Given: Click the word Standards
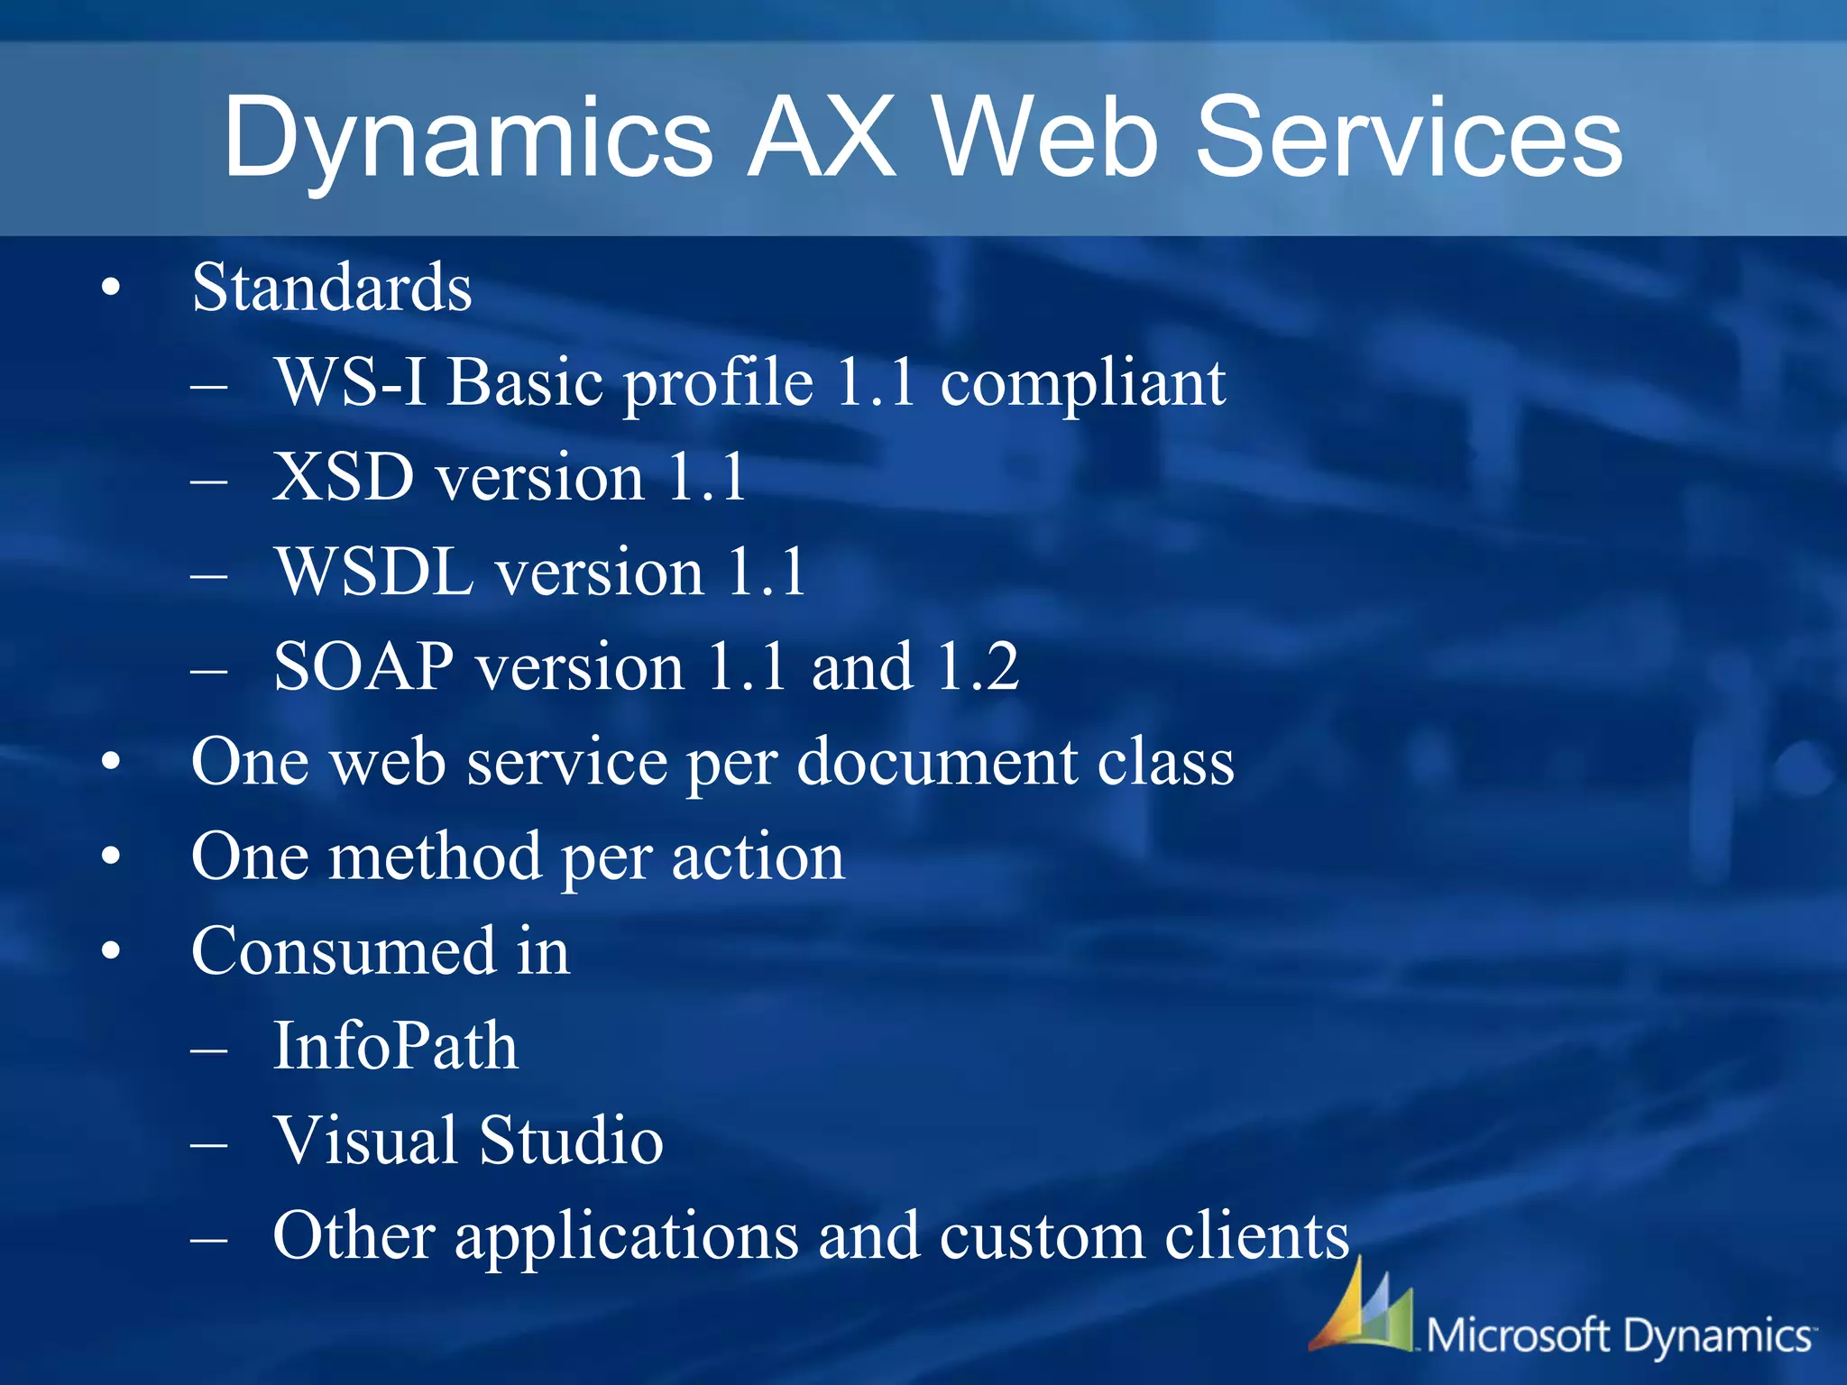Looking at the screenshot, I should (x=332, y=289).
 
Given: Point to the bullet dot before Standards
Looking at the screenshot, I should (x=111, y=289).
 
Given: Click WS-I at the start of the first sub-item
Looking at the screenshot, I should (x=351, y=383).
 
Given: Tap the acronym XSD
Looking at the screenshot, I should (x=344, y=478).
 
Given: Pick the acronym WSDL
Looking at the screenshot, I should (x=374, y=573).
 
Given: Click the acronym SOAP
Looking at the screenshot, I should (x=363, y=667).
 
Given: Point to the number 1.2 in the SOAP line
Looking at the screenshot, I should (x=978, y=667).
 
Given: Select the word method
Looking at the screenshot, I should (x=435, y=857).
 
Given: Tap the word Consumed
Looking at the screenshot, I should (x=344, y=952).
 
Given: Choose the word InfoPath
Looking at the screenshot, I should (x=395, y=1047).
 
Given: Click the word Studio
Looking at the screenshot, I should (x=571, y=1142).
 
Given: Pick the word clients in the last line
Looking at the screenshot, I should (x=1256, y=1236).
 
